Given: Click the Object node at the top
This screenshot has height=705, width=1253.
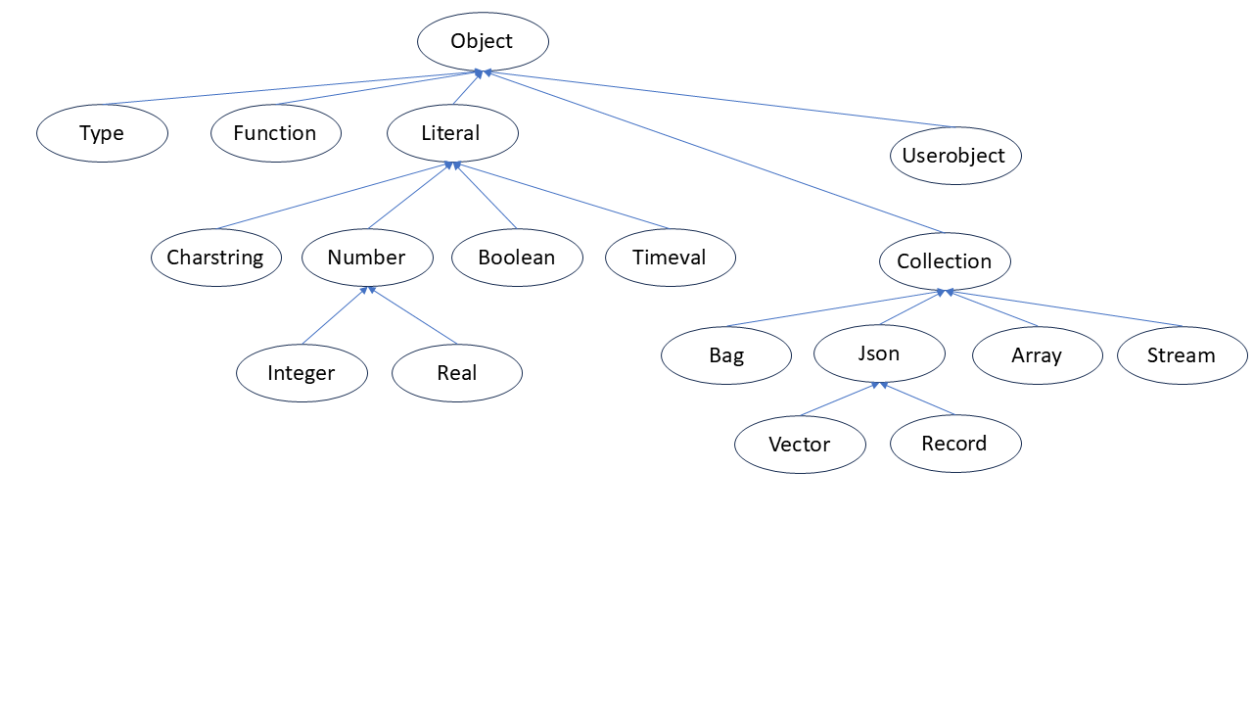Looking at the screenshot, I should tap(483, 41).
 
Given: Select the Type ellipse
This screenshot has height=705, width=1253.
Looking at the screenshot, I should tap(102, 133).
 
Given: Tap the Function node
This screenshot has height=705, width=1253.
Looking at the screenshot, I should tap(275, 133).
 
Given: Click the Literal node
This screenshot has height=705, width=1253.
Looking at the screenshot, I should tap(451, 133).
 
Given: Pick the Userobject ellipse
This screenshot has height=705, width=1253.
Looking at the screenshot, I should tap(954, 156).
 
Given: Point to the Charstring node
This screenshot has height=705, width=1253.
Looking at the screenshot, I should tap(215, 258).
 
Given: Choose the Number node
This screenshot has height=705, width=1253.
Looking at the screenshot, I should tap(367, 258).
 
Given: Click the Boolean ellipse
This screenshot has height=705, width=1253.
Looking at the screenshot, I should tap(517, 258).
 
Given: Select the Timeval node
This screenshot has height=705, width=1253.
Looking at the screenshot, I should tap(670, 258).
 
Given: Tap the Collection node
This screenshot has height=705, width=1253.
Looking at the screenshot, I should tap(945, 261).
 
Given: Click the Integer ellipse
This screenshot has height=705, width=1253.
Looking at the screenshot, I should tap(302, 373).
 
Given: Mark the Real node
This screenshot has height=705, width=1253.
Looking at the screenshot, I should tap(457, 373).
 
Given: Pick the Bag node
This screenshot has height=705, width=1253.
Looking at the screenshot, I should tap(726, 355).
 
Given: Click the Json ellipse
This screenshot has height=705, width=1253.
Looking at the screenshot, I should tap(879, 353).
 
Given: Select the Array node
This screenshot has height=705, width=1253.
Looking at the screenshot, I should tap(1037, 355).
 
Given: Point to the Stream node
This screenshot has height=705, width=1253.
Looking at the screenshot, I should tap(1182, 355).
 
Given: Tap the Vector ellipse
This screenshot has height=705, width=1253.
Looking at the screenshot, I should tap(800, 445).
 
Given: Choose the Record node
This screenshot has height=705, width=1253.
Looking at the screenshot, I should tap(955, 444).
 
